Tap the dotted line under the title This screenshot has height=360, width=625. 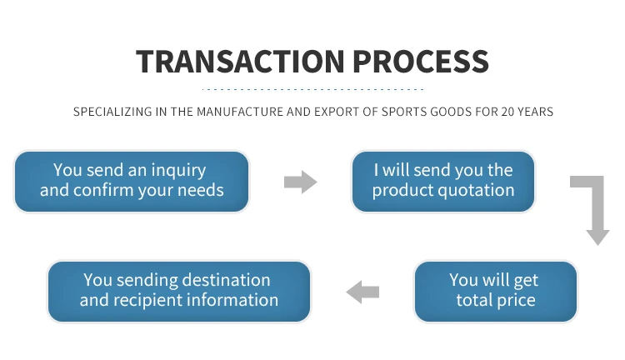tap(313, 88)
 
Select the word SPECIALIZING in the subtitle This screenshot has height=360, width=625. tap(108, 112)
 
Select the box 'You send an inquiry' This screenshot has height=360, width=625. tap(132, 181)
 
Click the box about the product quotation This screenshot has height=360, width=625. tap(442, 181)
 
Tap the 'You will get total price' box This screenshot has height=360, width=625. tap(495, 291)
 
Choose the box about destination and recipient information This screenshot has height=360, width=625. tap(178, 291)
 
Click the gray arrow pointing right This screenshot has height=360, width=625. tap(300, 182)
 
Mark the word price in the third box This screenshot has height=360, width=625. tap(516, 301)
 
